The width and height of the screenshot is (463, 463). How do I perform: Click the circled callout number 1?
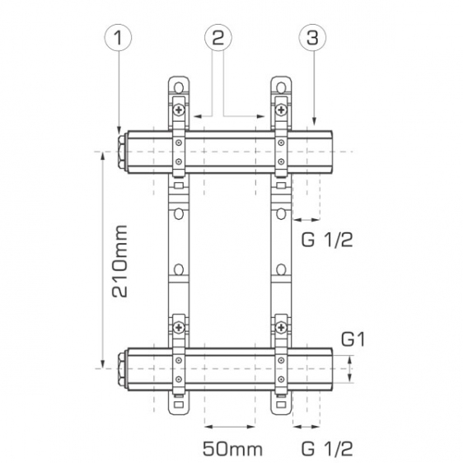coord(118,38)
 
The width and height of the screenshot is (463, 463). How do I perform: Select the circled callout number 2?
coord(218,38)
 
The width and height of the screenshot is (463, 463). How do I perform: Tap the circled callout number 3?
coord(313,38)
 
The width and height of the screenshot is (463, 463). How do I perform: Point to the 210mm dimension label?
coord(120,261)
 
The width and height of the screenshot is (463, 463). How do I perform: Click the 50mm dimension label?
coord(232,449)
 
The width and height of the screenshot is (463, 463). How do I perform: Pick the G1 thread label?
coord(353,339)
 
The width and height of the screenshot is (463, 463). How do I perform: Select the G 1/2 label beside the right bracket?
coord(327,240)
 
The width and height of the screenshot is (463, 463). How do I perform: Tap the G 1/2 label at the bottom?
coord(327,449)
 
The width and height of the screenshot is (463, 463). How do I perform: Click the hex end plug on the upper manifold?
coord(122,152)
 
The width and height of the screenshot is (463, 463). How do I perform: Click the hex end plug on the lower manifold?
coord(122,369)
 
